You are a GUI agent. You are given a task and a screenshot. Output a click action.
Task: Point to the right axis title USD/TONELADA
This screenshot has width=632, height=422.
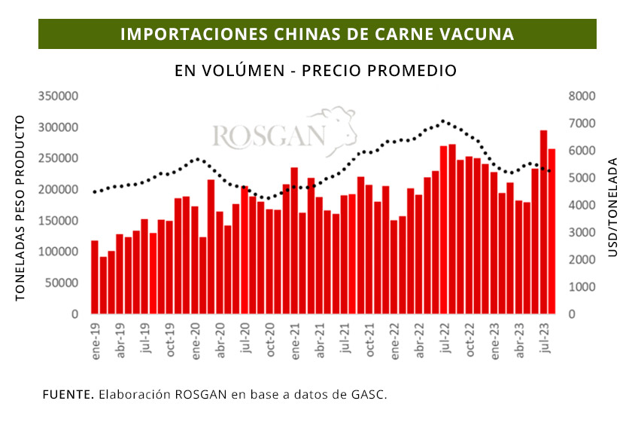(x=612, y=206)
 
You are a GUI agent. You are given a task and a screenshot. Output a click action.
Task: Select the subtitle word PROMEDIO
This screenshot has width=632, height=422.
(x=417, y=71)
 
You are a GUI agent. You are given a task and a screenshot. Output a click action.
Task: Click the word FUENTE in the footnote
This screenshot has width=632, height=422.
(x=67, y=394)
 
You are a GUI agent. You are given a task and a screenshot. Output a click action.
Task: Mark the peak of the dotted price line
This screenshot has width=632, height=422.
(x=444, y=121)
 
